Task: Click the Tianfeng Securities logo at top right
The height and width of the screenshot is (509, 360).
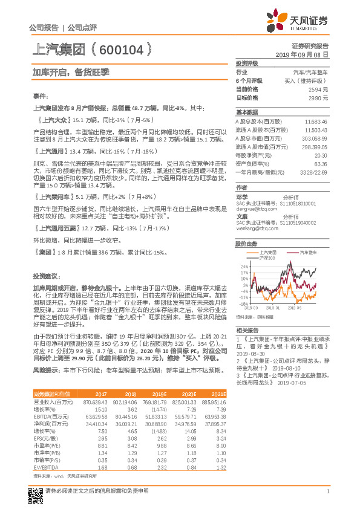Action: (304, 23)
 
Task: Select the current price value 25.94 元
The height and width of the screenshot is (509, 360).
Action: (319, 89)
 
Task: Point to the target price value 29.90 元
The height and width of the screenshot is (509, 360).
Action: (319, 97)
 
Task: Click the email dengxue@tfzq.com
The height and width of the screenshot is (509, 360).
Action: (254, 209)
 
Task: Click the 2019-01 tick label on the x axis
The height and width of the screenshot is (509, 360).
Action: (275, 308)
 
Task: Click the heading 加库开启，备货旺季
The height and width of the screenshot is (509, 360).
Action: (70, 71)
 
